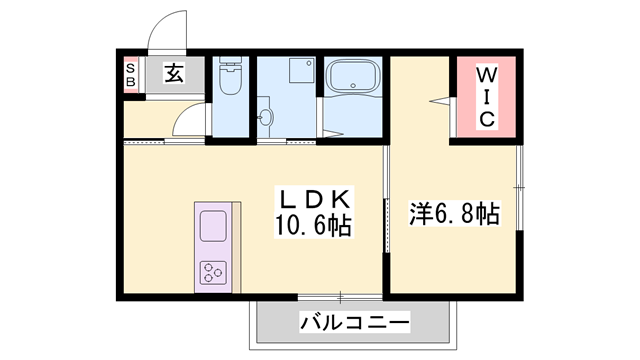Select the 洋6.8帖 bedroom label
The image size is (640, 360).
pos(454,213)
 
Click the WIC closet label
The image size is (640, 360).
pos(486,97)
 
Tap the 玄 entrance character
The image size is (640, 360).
pos(173,74)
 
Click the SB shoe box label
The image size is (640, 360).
pos(131,75)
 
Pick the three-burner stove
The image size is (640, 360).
pos(215,270)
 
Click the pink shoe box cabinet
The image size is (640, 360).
pos(131,75)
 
